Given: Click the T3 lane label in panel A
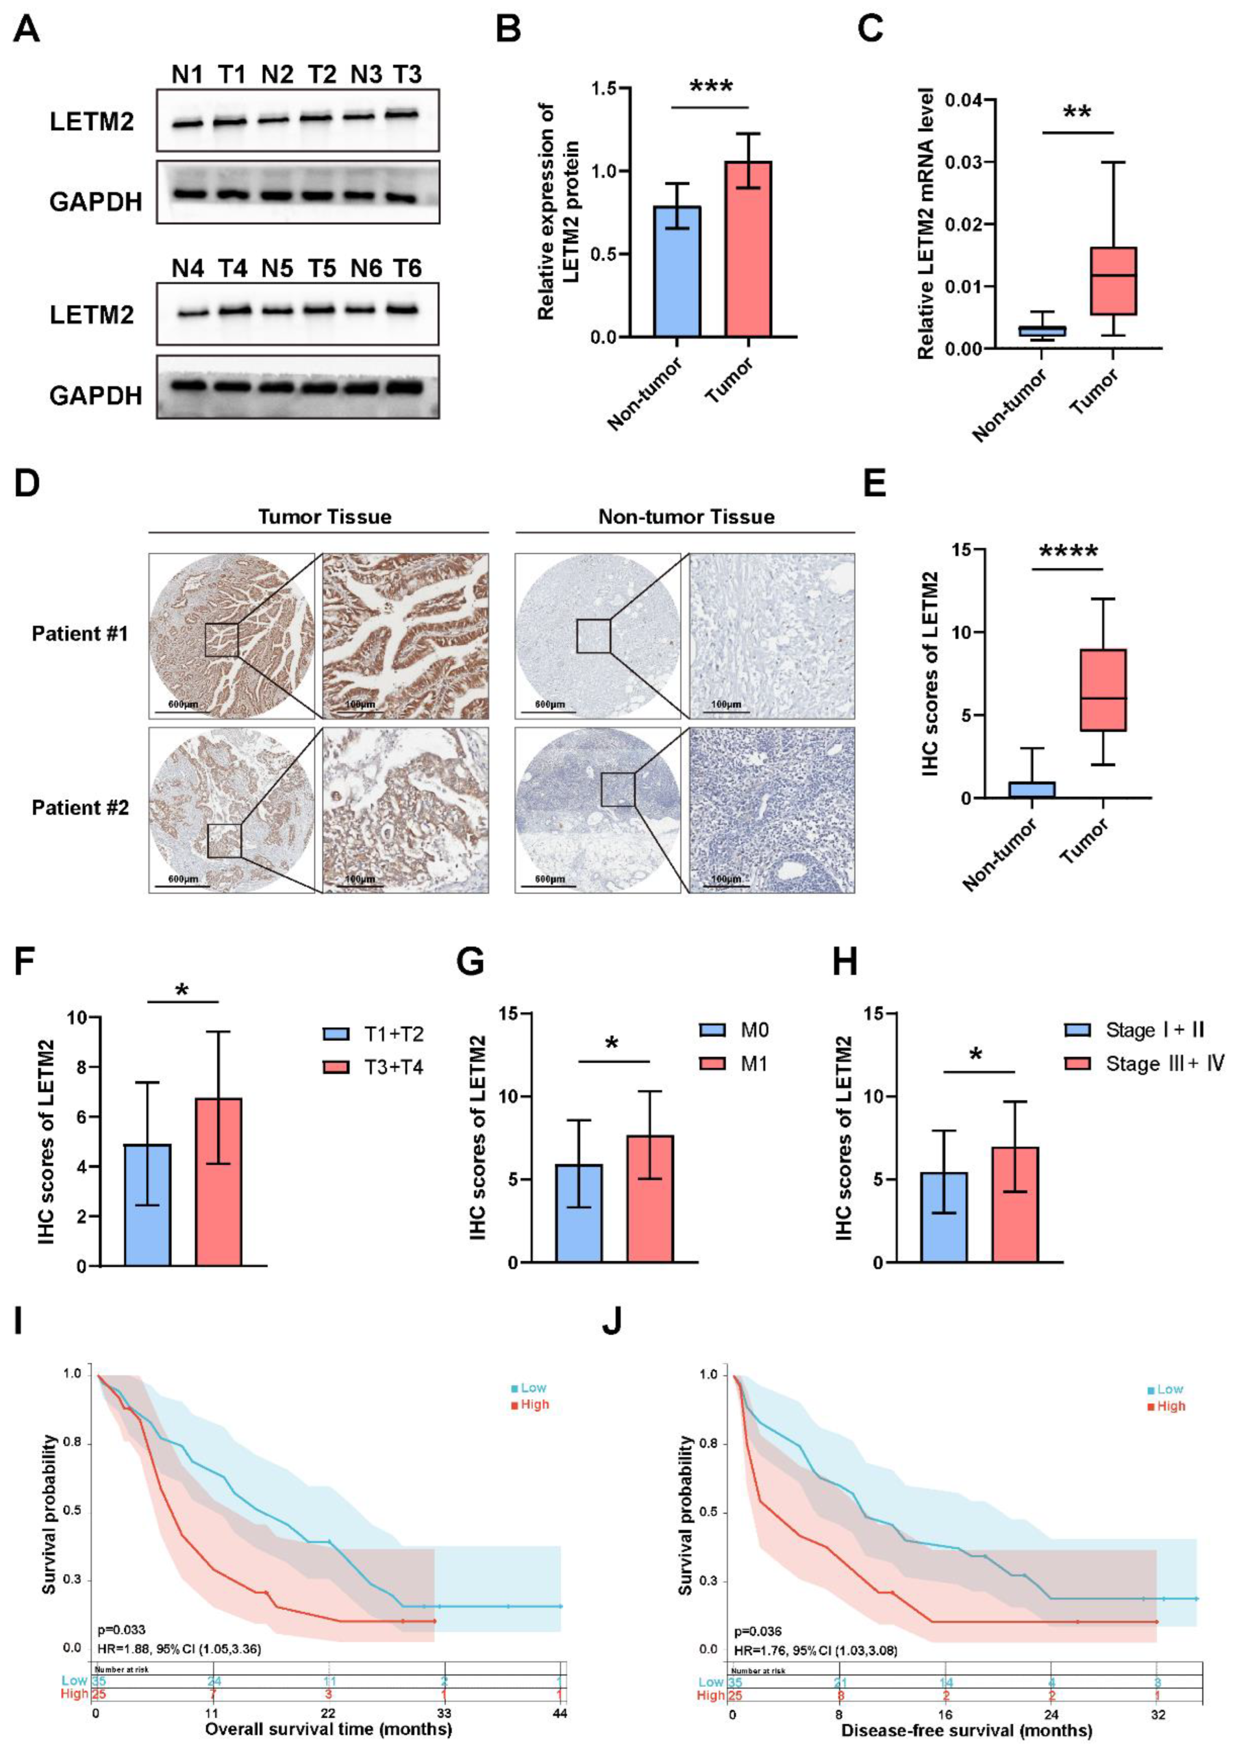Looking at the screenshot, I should [x=408, y=75].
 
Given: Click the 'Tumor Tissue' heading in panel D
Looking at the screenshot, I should [x=325, y=517].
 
